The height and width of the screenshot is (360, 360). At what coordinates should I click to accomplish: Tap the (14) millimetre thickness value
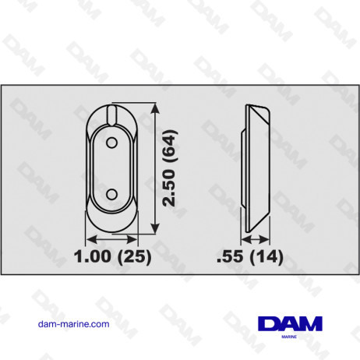click(263, 255)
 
